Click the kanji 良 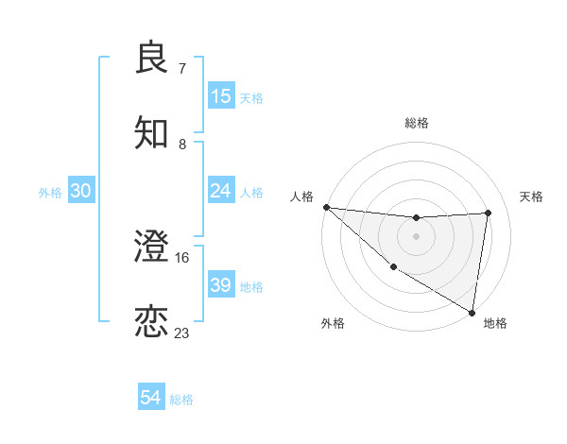coord(152,58)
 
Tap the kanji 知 coord(152,133)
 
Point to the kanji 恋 coord(152,322)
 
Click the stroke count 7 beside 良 coord(182,69)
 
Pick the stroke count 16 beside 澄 coord(182,257)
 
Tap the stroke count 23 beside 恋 coord(182,333)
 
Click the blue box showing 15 coord(221,96)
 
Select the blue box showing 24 coord(221,192)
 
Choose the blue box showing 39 coord(221,285)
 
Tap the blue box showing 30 coord(81,192)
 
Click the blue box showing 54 coord(151,399)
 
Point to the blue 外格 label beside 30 coord(50,193)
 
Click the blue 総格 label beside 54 coord(181,400)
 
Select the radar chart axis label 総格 coord(416,123)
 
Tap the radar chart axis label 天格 coord(532,196)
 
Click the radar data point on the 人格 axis coord(326,207)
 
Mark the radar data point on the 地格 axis coord(472,312)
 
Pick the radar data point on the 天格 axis coord(489,213)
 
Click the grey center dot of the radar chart coord(416,236)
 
